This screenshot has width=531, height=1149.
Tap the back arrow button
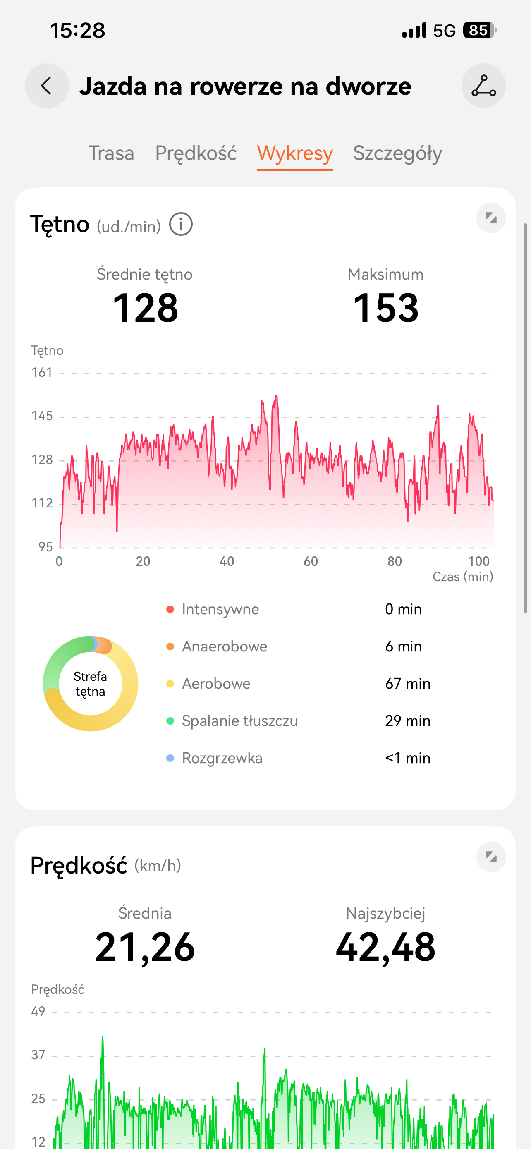(47, 86)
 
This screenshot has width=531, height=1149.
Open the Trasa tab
(111, 153)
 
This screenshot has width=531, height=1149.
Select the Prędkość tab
(196, 153)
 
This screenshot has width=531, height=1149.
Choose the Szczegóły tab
(397, 153)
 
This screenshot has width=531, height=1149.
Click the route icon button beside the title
(483, 86)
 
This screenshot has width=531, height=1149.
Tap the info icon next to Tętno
(181, 224)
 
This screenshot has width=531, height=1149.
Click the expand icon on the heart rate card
(491, 218)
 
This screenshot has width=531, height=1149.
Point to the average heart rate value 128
(145, 308)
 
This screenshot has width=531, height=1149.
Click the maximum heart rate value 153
(386, 308)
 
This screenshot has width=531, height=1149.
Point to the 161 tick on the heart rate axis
(42, 372)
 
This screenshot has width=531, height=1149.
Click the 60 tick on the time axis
(311, 561)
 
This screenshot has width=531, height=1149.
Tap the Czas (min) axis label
(462, 577)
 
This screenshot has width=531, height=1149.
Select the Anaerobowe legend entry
(224, 646)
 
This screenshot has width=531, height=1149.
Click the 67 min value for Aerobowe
(407, 683)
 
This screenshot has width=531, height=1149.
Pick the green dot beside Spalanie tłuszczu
(170, 721)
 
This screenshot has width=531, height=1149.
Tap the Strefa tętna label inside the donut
(91, 684)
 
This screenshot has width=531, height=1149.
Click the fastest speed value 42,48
(386, 947)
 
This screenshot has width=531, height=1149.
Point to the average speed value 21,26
(145, 947)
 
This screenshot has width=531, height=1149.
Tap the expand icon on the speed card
(491, 857)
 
